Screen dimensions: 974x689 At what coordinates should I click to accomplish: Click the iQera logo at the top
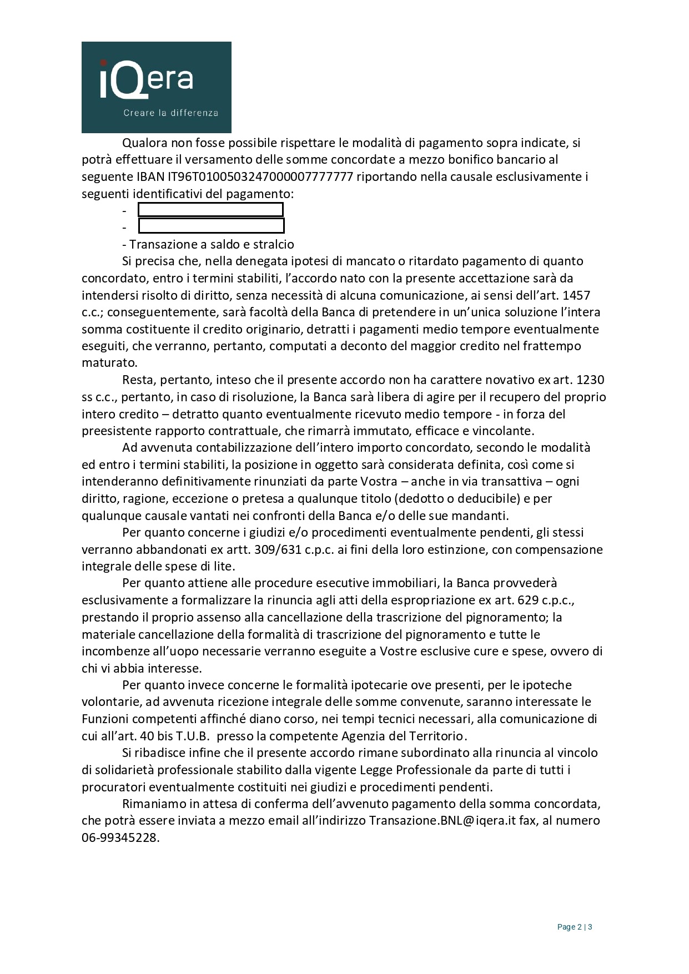point(156,87)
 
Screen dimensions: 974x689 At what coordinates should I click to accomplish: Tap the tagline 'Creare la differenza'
point(170,113)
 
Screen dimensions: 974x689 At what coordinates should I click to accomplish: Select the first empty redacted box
point(210,210)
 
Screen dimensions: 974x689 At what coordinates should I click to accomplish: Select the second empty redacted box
point(211,226)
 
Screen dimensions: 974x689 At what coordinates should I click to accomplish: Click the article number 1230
point(591,380)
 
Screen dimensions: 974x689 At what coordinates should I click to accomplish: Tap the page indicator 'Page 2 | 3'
point(575,927)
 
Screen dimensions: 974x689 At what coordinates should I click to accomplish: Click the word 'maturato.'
point(109,363)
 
